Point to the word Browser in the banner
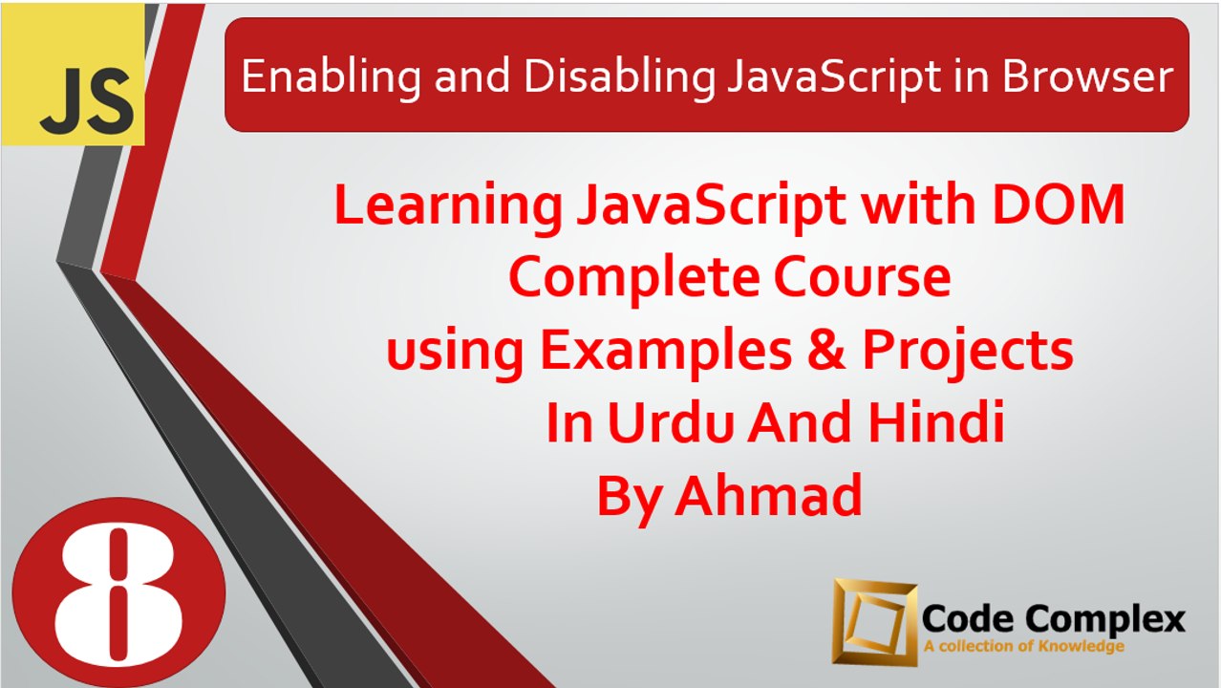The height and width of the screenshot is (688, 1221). click(1087, 76)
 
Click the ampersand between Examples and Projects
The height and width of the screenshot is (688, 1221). click(824, 352)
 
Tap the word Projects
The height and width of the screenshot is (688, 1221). click(967, 352)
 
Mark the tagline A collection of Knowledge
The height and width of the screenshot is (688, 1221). click(1023, 647)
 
